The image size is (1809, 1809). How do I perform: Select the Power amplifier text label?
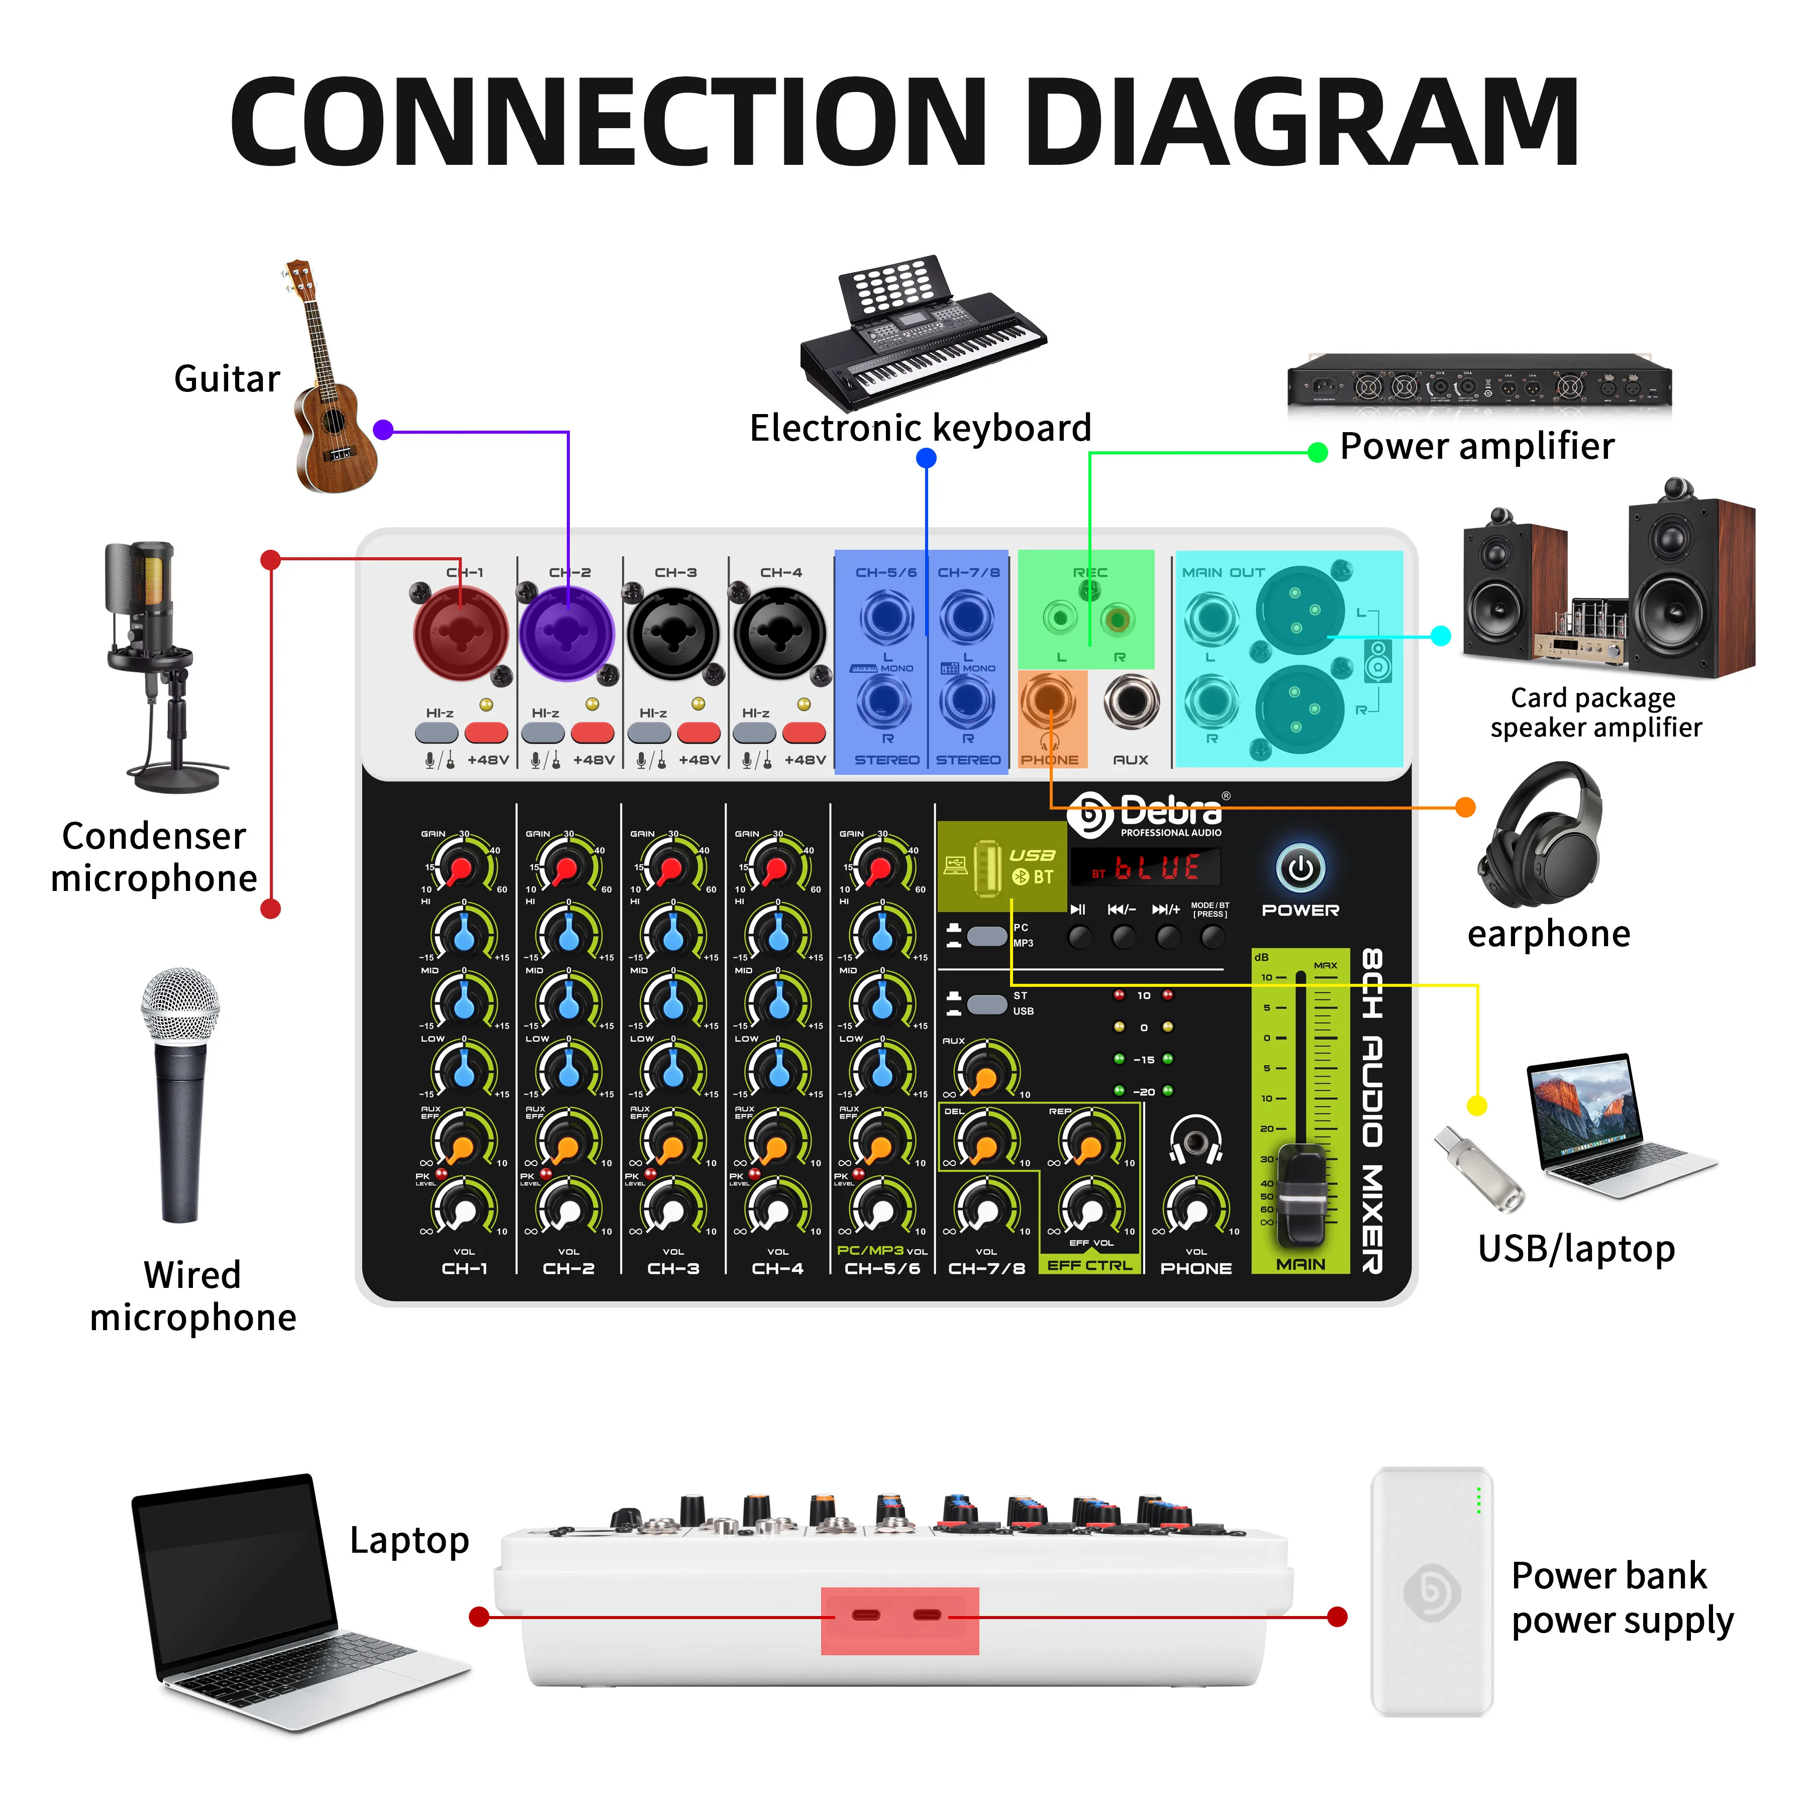click(x=1477, y=447)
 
